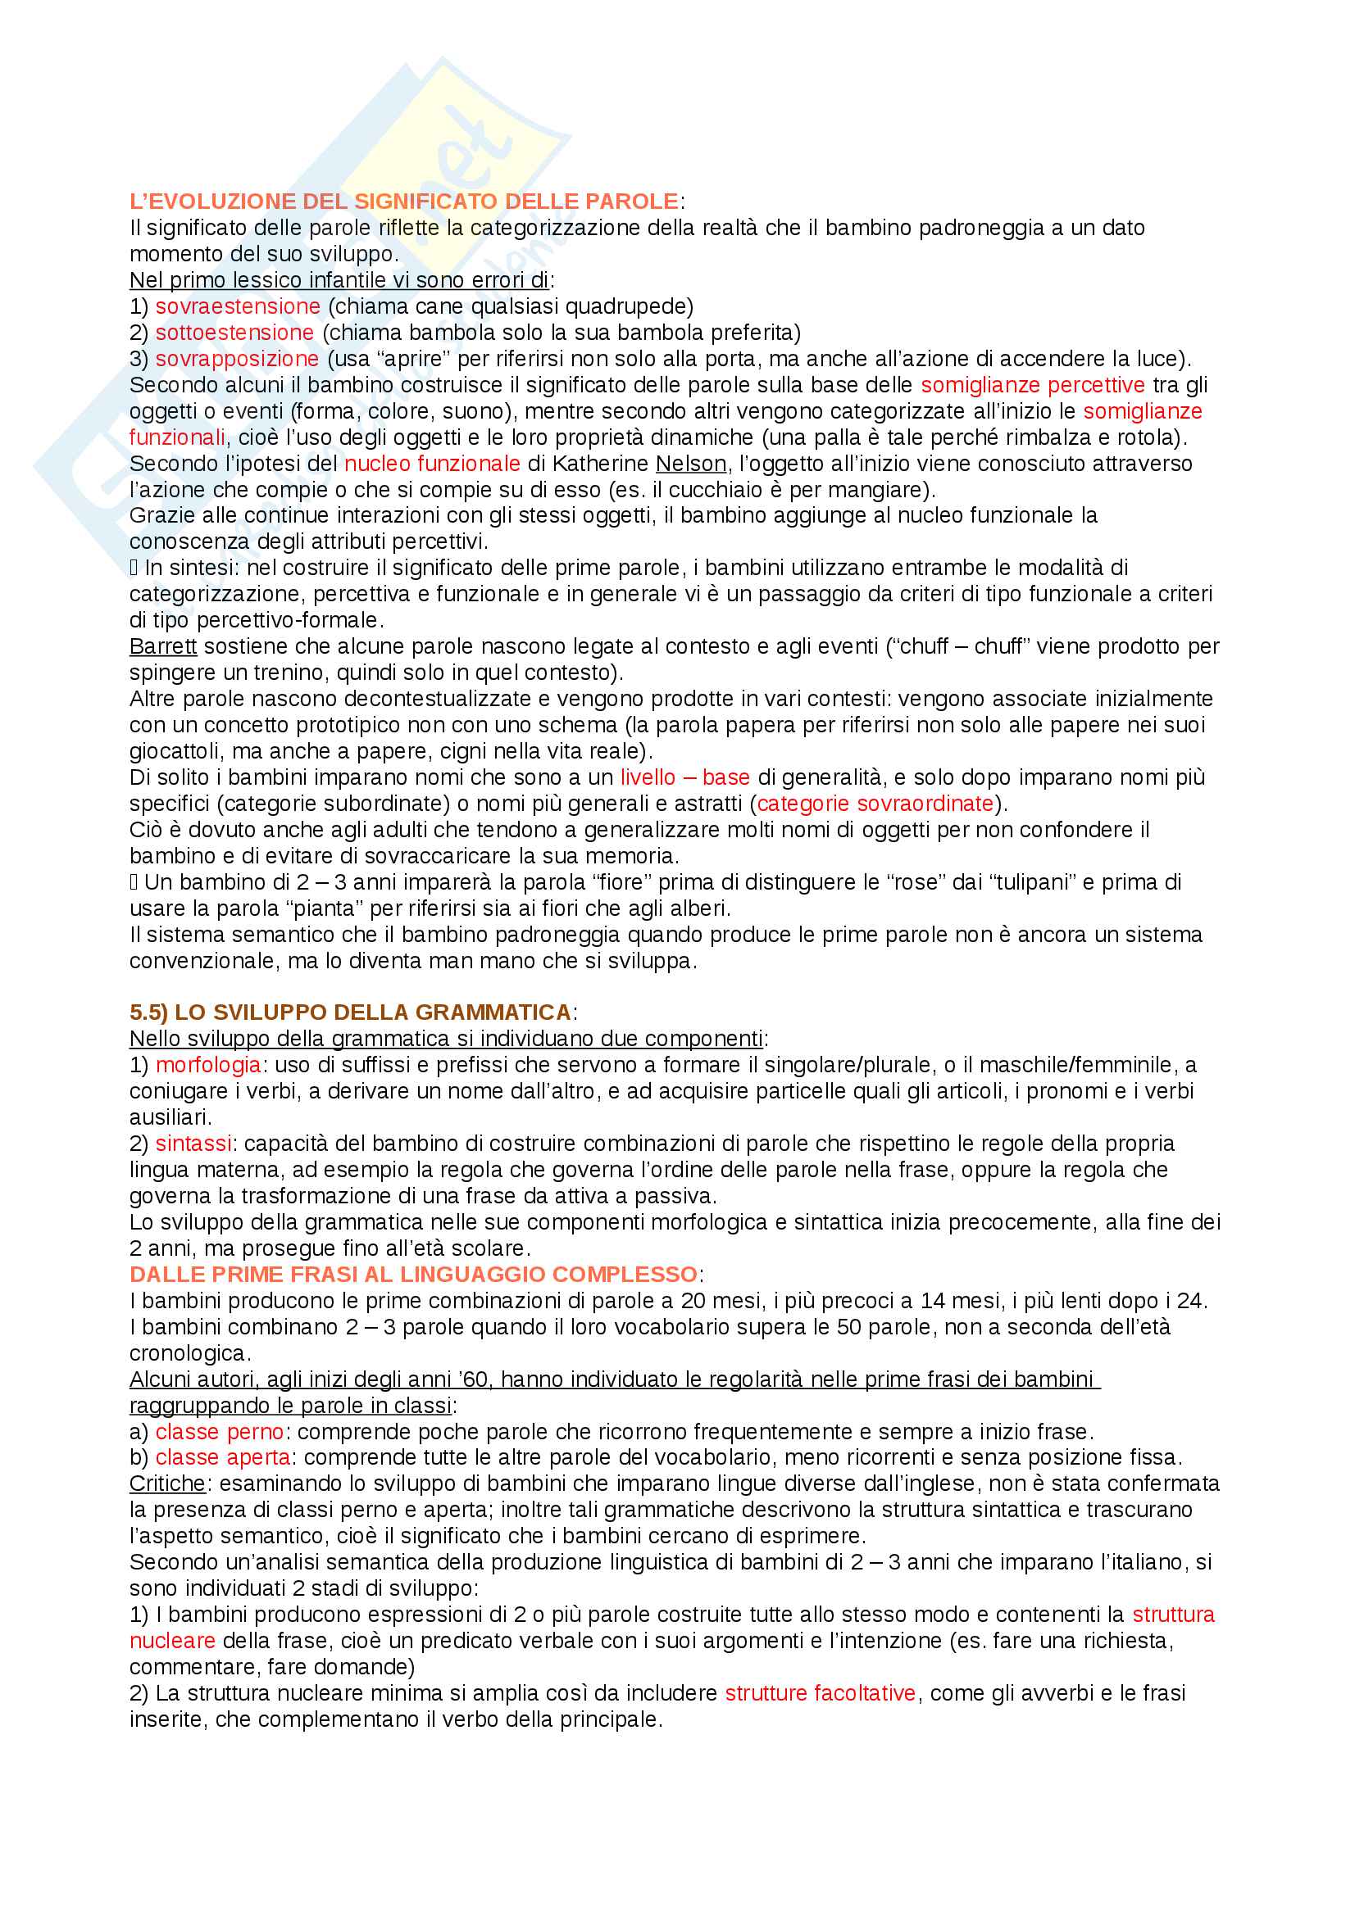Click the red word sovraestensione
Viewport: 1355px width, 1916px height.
pos(238,306)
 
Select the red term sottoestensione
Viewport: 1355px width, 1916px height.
pos(234,332)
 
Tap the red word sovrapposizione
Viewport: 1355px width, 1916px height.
pos(237,359)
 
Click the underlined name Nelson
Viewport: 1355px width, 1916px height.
pos(690,463)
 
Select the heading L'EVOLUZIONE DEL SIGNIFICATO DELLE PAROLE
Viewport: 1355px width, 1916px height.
pos(404,202)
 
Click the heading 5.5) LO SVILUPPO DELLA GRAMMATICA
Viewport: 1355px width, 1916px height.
pos(350,1012)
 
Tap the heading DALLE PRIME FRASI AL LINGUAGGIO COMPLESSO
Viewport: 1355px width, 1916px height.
pos(413,1275)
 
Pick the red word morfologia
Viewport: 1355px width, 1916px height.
pos(208,1065)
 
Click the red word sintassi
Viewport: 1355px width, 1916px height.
pos(193,1144)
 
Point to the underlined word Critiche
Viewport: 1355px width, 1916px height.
pos(167,1483)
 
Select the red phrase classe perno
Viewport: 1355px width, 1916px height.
pos(220,1431)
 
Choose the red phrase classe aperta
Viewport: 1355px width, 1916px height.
pos(223,1457)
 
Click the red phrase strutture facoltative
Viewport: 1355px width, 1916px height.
pos(820,1692)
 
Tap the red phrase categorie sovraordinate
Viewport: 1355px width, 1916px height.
pos(875,803)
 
